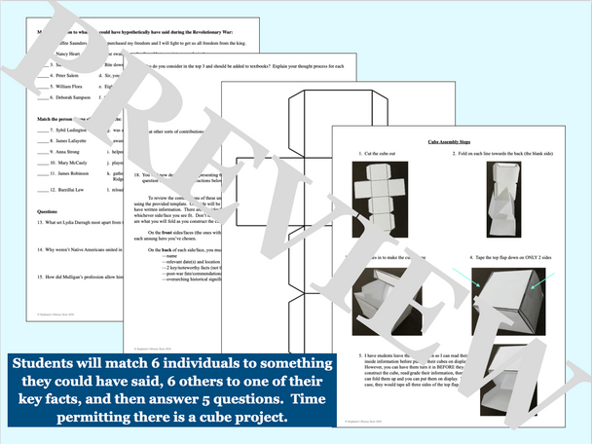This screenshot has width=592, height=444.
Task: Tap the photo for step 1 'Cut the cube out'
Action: (385, 194)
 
